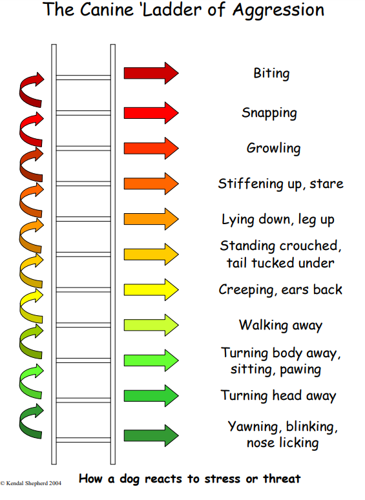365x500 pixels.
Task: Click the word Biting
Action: pyautogui.click(x=271, y=74)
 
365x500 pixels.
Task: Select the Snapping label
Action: pyautogui.click(x=269, y=113)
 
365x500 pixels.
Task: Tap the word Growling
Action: pyautogui.click(x=273, y=149)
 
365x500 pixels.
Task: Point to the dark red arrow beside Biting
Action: pyautogui.click(x=151, y=74)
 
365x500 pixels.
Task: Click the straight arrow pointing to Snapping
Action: pyautogui.click(x=151, y=113)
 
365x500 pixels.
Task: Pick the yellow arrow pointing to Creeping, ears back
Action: pyautogui.click(x=151, y=289)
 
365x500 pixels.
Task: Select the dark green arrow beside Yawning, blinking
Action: pyautogui.click(x=151, y=435)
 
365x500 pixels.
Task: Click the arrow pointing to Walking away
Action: pyautogui.click(x=151, y=325)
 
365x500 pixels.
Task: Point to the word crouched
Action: pyautogui.click(x=306, y=246)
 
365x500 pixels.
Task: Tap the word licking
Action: pyautogui.click(x=298, y=443)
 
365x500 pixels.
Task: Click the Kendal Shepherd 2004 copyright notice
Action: pyautogui.click(x=31, y=483)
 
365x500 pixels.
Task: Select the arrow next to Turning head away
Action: pyautogui.click(x=151, y=396)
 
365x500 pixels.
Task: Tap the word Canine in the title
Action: pyautogui.click(x=107, y=9)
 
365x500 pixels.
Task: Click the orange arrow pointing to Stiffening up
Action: pyautogui.click(x=151, y=183)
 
